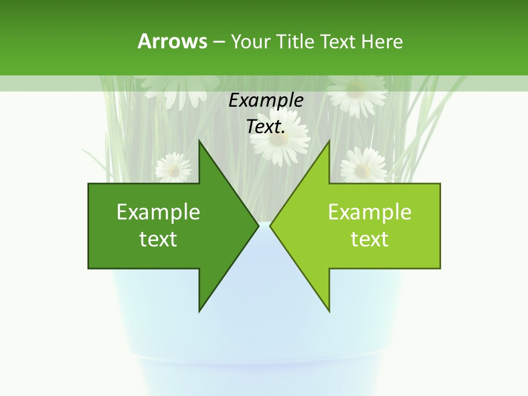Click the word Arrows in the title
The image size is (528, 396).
point(172,41)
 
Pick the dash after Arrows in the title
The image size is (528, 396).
point(218,42)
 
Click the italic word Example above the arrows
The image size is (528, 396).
point(266,101)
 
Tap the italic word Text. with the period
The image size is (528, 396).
point(266,127)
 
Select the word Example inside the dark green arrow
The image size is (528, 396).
point(158,212)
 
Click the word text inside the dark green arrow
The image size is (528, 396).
point(158,239)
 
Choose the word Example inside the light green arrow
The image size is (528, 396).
point(370,212)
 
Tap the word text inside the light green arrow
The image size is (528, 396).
point(370,239)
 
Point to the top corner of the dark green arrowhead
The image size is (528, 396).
point(199,141)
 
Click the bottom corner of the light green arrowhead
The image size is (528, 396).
point(329,311)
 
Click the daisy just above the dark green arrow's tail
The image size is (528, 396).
point(173,168)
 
